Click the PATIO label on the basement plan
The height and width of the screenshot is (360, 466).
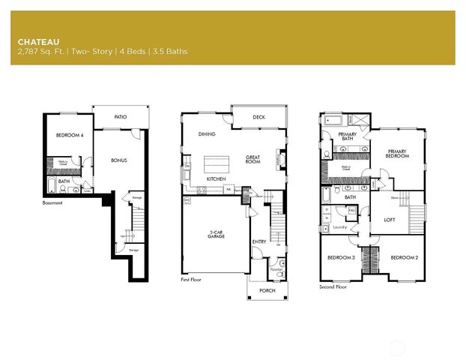tap(120, 117)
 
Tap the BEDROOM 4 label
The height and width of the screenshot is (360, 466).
tap(70, 136)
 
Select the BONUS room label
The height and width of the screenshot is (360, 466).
tap(118, 160)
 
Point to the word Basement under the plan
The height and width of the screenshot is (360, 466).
tap(52, 202)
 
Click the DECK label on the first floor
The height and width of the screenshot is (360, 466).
tap(258, 117)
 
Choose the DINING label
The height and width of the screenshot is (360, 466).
tap(207, 134)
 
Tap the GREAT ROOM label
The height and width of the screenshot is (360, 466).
tap(252, 160)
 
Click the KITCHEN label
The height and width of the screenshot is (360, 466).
tap(217, 180)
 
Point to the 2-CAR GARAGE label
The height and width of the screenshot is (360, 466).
tap(217, 235)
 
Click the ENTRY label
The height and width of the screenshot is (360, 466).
tap(258, 241)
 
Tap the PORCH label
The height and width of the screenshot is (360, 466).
tap(267, 290)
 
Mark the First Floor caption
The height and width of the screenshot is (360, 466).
tap(191, 279)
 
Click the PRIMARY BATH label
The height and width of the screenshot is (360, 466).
tap(346, 136)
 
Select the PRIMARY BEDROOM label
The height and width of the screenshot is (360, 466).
tap(396, 154)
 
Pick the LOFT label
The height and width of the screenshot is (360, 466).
tap(389, 220)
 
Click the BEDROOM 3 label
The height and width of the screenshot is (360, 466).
tap(341, 258)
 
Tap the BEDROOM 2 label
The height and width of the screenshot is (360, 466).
tap(404, 258)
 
